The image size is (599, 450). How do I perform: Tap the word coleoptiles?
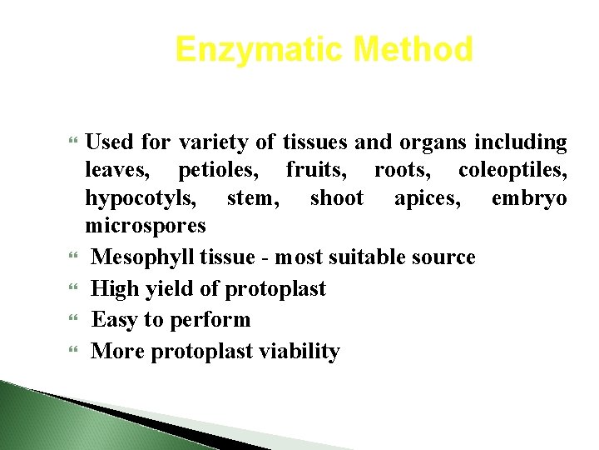coord(512,171)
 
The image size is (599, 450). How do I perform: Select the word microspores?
coord(146,226)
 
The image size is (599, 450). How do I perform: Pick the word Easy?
coord(116,320)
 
